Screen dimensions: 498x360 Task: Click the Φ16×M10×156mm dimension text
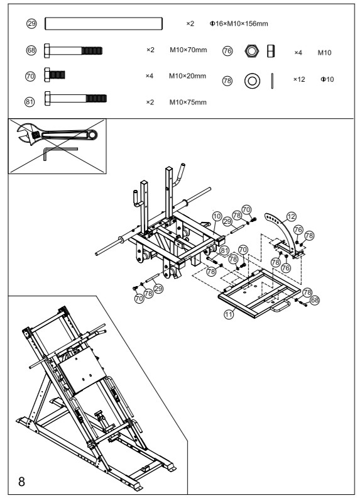[x=238, y=24]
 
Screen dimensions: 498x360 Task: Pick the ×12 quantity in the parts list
[x=299, y=80]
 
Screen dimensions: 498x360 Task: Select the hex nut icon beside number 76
[x=249, y=50]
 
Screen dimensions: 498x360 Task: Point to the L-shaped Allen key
[x=60, y=153]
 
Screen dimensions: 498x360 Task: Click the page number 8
[x=22, y=482]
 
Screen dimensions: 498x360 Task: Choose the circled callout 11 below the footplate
[x=229, y=314]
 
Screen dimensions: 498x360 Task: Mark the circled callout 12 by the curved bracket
[x=290, y=216]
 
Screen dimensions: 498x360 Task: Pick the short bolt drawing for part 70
[x=55, y=76]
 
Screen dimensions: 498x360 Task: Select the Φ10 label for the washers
[x=327, y=80]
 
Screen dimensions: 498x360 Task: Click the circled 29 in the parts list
[x=31, y=24]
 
